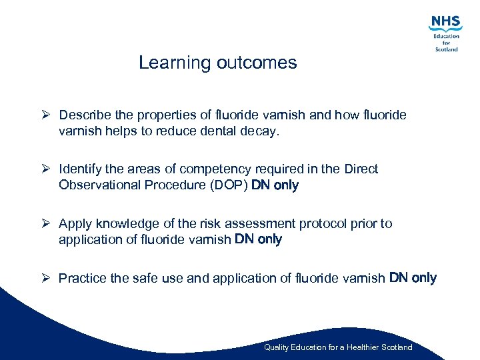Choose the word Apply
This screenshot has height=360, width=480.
pyautogui.click(x=75, y=224)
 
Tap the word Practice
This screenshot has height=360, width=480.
pyautogui.click(x=82, y=278)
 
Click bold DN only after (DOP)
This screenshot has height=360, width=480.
pyautogui.click(x=275, y=185)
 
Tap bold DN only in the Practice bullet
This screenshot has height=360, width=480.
pyautogui.click(x=413, y=277)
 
